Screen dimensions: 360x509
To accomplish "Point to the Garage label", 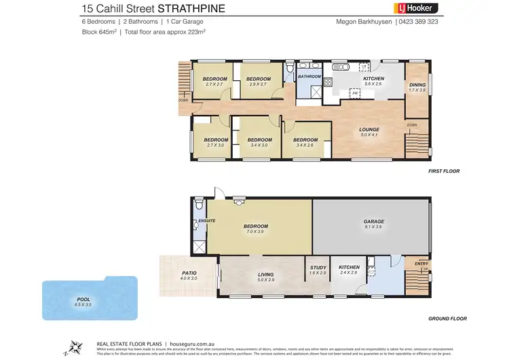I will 373,221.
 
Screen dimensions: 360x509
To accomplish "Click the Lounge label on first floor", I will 369,129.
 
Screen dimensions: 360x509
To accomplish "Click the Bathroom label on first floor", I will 309,77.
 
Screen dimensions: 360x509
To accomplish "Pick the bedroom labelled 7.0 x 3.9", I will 257,226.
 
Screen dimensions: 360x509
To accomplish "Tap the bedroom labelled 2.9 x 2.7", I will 259,79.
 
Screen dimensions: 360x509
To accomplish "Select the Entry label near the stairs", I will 412,264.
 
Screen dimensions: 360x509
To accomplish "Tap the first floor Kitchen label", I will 373,79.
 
